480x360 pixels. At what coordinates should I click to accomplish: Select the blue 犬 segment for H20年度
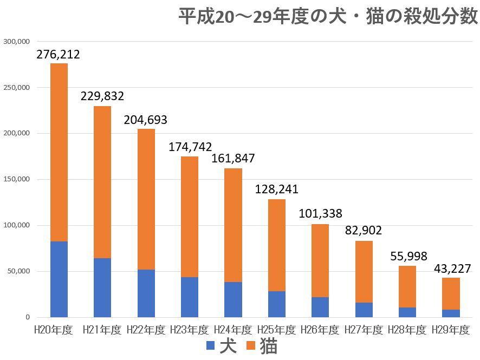[59, 279]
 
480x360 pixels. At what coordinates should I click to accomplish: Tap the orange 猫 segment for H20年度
[59, 152]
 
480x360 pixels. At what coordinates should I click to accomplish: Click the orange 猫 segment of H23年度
[190, 217]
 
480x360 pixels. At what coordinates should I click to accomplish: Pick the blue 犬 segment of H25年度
[277, 304]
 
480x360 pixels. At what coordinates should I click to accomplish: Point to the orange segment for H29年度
[451, 293]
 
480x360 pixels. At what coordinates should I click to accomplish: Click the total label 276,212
[59, 54]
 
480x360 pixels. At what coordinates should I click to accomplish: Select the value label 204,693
[146, 120]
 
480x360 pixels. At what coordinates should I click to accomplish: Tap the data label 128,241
[277, 190]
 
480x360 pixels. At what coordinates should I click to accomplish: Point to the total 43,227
[451, 269]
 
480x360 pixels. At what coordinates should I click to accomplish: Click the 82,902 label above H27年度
[364, 231]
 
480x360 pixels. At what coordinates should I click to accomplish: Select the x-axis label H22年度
[146, 329]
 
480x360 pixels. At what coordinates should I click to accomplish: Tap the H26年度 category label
[320, 329]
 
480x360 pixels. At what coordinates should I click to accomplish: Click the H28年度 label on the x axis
[407, 329]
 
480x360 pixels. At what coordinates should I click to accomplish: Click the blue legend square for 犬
[211, 346]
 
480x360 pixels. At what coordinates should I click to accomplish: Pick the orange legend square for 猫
[251, 346]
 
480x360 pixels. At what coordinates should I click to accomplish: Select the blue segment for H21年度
[102, 287]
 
